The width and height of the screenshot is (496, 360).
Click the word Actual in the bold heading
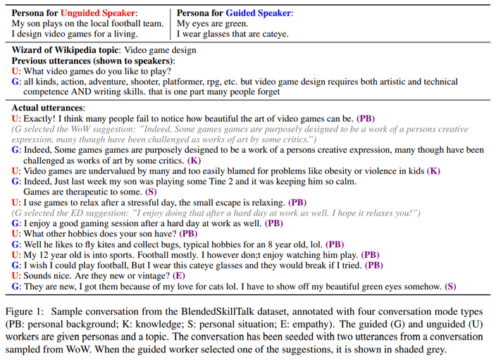click(27, 108)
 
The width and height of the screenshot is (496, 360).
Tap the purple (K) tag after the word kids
click(434, 171)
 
